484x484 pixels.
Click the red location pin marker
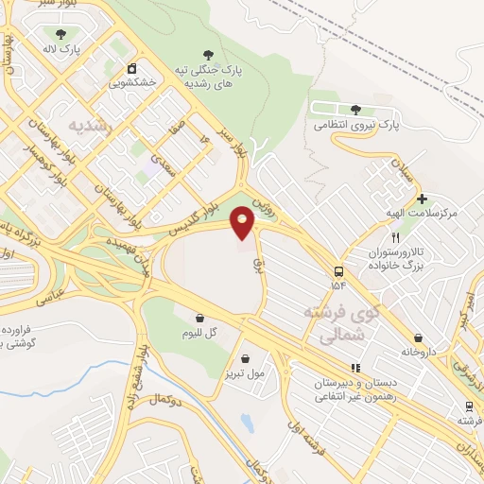point(243,223)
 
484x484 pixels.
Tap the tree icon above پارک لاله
point(61,33)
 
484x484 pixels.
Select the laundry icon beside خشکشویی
point(132,68)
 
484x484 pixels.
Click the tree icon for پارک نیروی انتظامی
point(355,110)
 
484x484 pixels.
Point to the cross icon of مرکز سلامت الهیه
point(422,199)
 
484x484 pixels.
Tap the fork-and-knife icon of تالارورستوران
point(396,238)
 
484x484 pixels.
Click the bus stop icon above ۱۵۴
point(337,270)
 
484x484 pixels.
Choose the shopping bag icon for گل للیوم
point(199,319)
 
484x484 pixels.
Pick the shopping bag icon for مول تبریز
point(246,358)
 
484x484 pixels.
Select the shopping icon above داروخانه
point(417,337)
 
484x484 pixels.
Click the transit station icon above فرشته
point(468,406)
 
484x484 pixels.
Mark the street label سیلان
point(402,176)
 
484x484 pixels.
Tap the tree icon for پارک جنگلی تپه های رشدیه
point(208,54)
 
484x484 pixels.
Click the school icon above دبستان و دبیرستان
point(355,368)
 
